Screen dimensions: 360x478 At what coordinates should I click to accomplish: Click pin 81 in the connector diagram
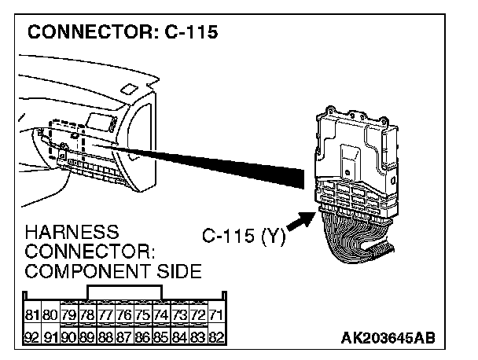point(31,314)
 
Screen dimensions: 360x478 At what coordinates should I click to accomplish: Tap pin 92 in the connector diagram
point(31,336)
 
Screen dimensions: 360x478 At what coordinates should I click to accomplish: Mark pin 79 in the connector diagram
point(69,314)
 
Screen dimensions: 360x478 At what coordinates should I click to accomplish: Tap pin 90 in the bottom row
point(69,336)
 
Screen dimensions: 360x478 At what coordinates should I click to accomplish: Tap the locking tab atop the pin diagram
point(125,292)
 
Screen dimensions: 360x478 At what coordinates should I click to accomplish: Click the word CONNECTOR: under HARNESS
point(88,252)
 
